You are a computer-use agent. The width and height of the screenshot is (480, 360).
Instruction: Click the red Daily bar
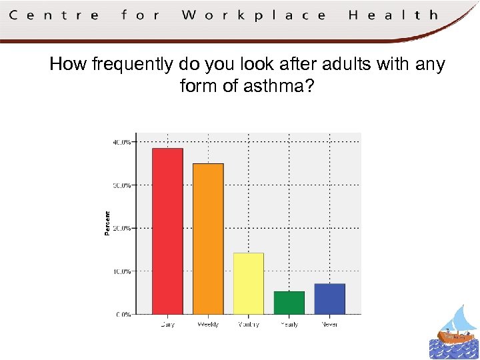coord(167,231)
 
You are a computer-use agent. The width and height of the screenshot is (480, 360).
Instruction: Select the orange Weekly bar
coord(208,239)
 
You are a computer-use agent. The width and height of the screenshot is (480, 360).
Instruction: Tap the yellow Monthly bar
coord(249,283)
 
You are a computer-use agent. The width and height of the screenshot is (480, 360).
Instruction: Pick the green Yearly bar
coord(289,303)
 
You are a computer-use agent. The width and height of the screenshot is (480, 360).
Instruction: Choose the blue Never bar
coord(329,299)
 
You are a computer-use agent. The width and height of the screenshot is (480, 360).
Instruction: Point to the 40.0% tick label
coord(121,141)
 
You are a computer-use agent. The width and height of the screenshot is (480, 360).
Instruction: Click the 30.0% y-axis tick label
coord(121,185)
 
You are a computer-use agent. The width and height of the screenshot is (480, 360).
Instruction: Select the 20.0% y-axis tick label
coord(121,228)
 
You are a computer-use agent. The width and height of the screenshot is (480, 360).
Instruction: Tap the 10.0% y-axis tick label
coord(121,271)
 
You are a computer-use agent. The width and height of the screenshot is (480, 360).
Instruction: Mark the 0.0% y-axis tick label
coord(123,314)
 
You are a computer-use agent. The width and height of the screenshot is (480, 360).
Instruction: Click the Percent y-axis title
coord(107,223)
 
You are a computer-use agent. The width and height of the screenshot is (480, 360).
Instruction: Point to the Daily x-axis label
coord(167,325)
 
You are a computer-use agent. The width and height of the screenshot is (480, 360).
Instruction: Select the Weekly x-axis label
coord(208,325)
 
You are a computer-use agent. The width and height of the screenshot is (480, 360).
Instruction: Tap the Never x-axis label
coord(329,325)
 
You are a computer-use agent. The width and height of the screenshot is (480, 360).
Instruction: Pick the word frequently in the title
coord(133,65)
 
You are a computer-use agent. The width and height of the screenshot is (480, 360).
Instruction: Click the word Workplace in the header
coord(253,15)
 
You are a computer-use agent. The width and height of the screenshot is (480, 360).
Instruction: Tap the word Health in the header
coord(393,15)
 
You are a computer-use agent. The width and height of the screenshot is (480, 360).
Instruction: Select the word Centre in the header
coord(54,15)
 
